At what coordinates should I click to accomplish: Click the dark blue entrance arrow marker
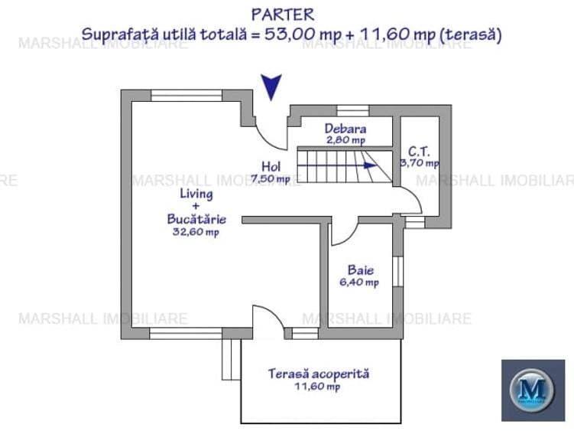click(271, 87)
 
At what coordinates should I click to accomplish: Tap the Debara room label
click(345, 129)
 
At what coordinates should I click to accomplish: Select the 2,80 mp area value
click(345, 140)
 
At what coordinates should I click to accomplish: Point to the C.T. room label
click(418, 150)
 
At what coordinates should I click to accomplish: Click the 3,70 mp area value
click(420, 162)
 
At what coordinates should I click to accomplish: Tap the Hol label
click(271, 166)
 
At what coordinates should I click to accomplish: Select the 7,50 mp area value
click(271, 179)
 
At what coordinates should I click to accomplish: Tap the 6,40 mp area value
click(359, 282)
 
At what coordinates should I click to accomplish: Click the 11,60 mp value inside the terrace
click(319, 387)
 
